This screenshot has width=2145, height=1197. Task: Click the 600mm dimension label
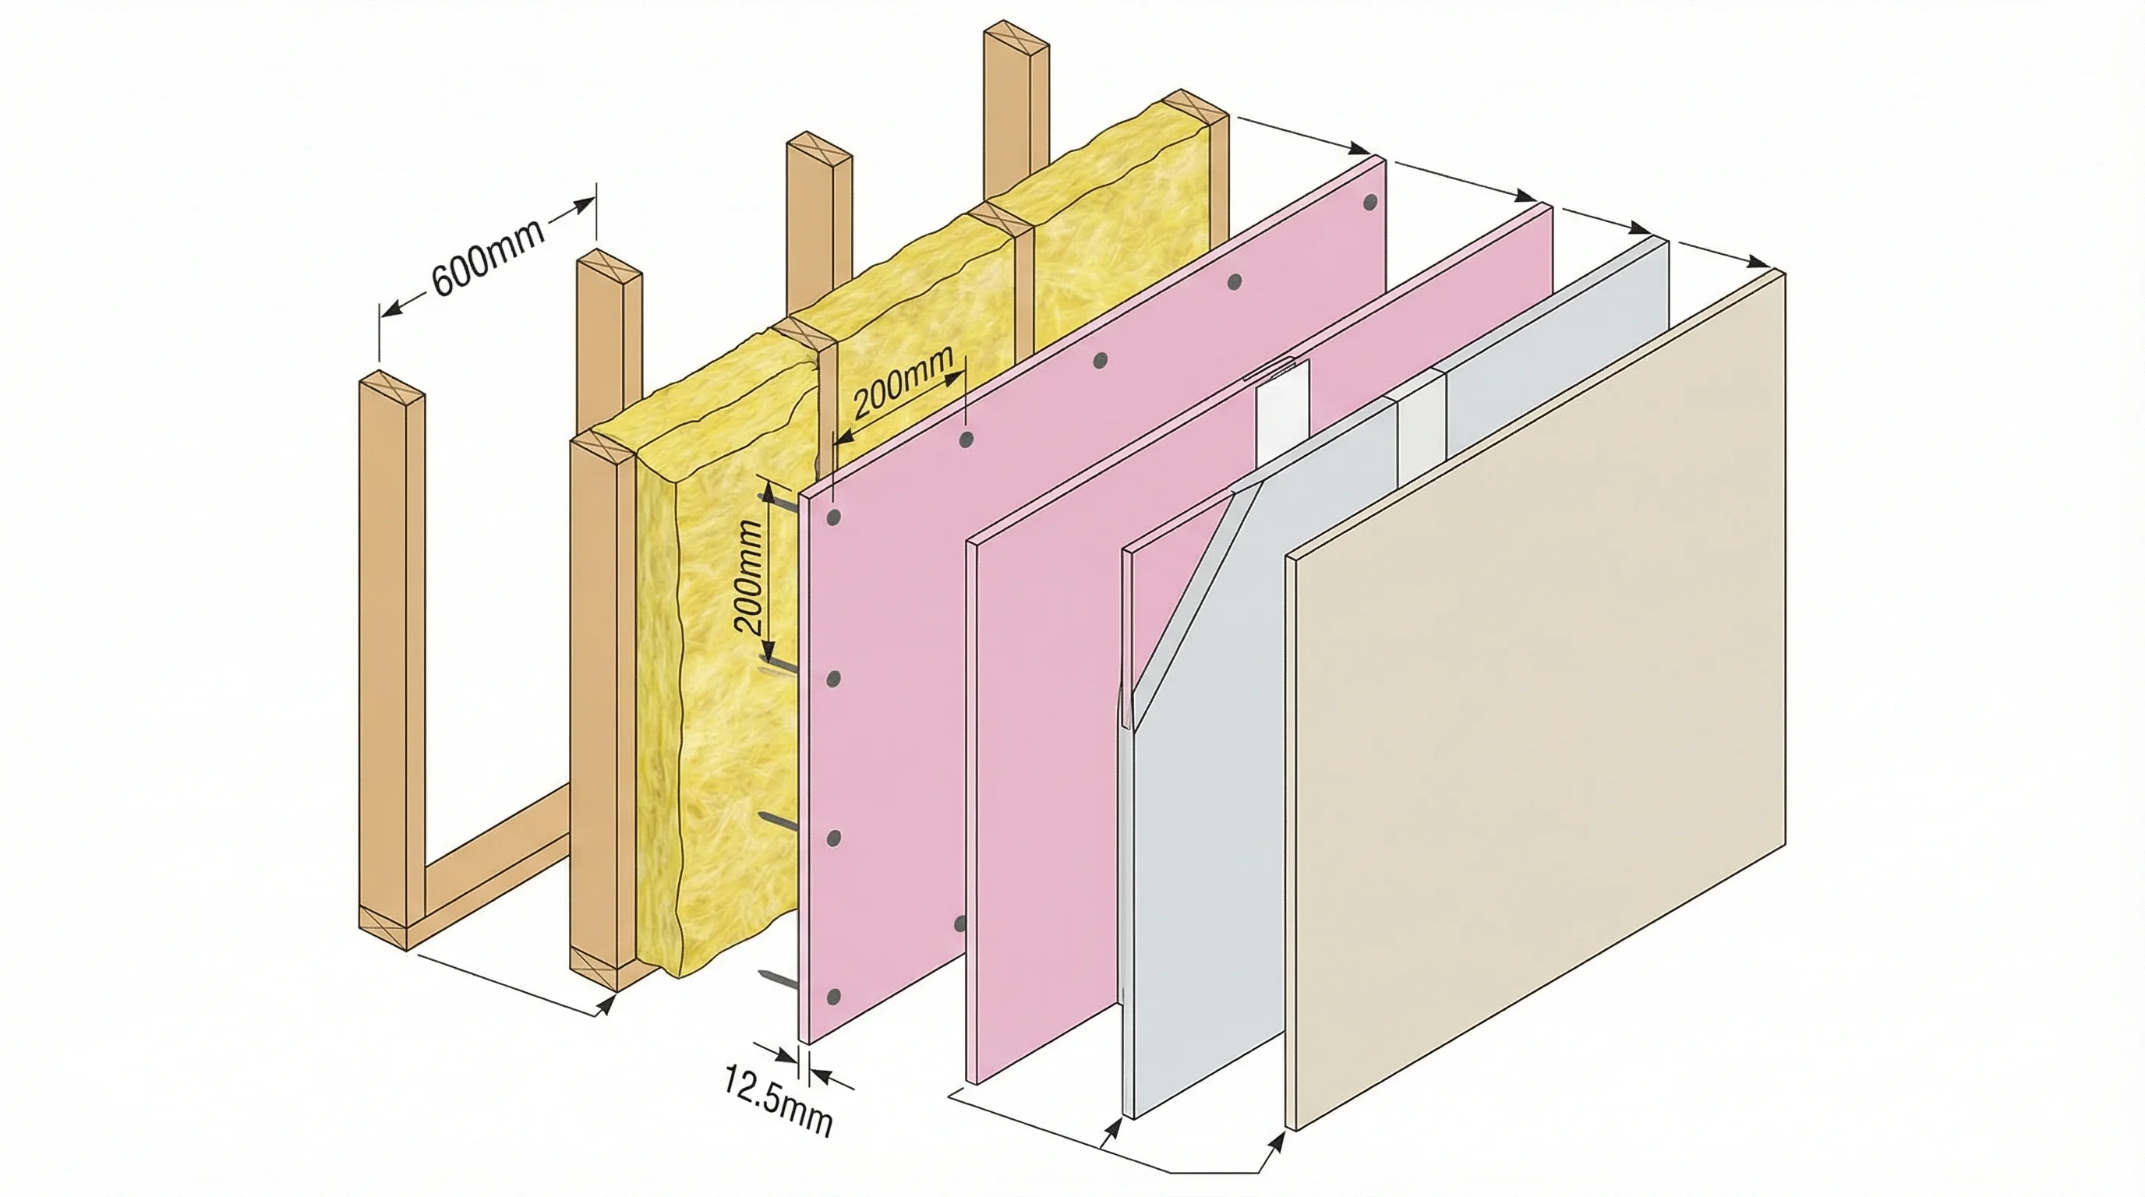pyautogui.click(x=488, y=256)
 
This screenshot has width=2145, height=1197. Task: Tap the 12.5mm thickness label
pyautogui.click(x=776, y=1100)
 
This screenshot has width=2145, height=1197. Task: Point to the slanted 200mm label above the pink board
pyautogui.click(x=903, y=382)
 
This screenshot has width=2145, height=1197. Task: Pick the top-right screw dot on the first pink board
pyautogui.click(x=1369, y=203)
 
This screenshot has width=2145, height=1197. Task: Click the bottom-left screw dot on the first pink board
pyautogui.click(x=833, y=997)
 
